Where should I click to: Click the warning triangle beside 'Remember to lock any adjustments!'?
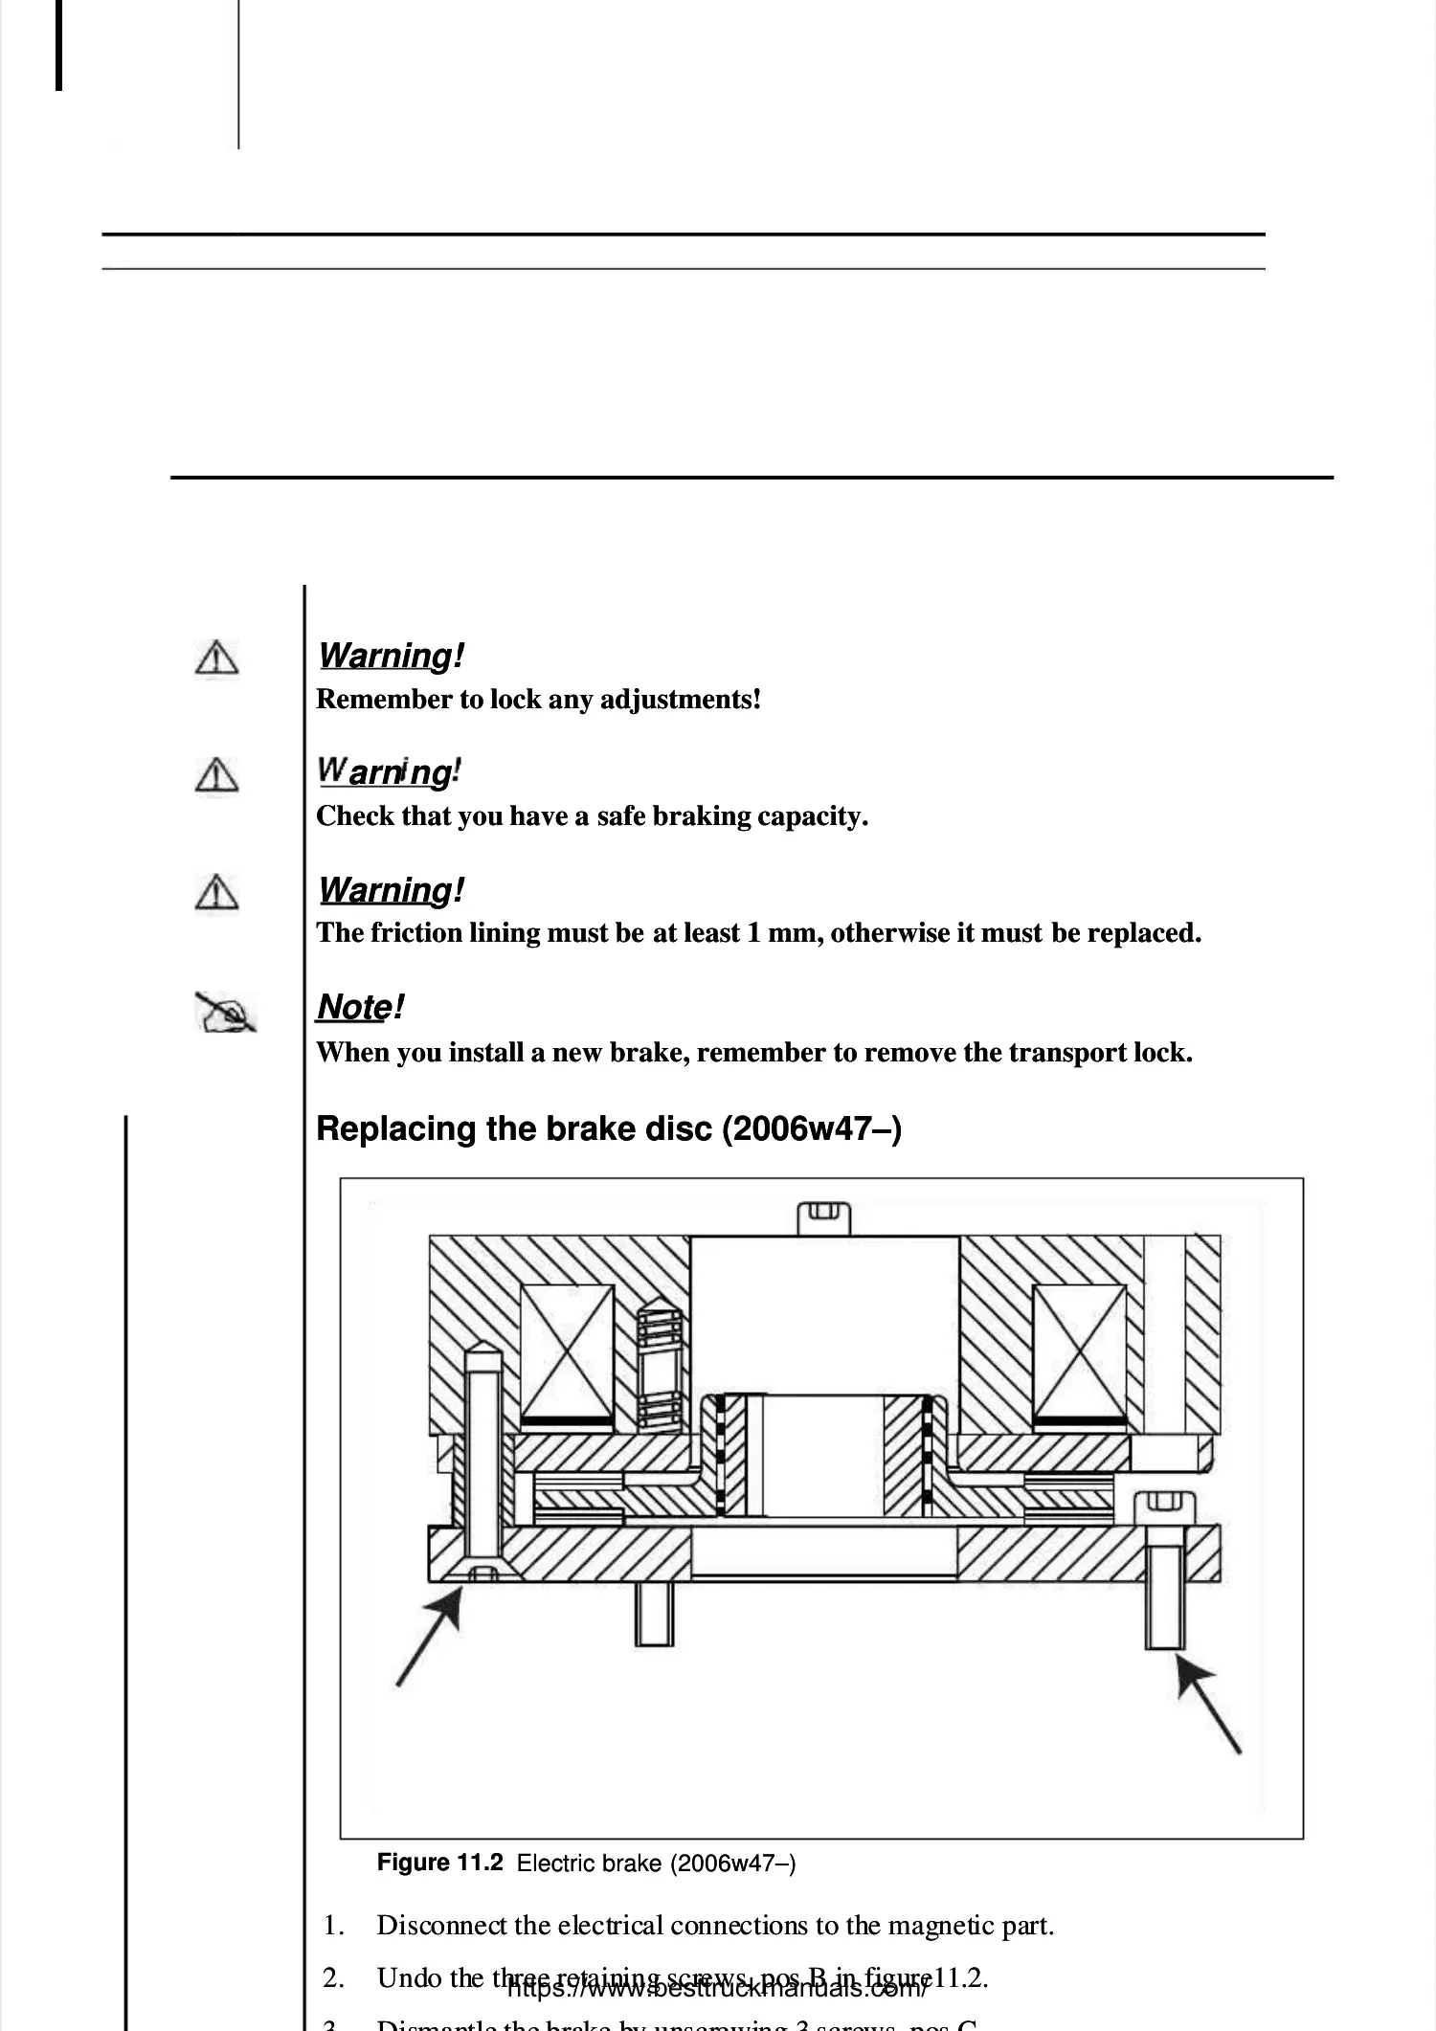pyautogui.click(x=217, y=658)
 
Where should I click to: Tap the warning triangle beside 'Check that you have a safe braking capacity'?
pyautogui.click(x=217, y=775)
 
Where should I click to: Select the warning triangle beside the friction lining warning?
pyautogui.click(x=217, y=892)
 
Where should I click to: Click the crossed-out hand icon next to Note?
pyautogui.click(x=226, y=1012)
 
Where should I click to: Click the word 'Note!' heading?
pyautogui.click(x=360, y=1007)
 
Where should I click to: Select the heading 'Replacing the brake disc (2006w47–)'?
pyautogui.click(x=609, y=1128)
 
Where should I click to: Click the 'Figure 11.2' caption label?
pyautogui.click(x=439, y=1862)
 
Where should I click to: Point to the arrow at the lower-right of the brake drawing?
pyautogui.click(x=1208, y=1706)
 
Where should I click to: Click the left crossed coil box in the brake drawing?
pyautogui.click(x=567, y=1352)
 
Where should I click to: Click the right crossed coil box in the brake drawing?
pyautogui.click(x=1080, y=1352)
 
